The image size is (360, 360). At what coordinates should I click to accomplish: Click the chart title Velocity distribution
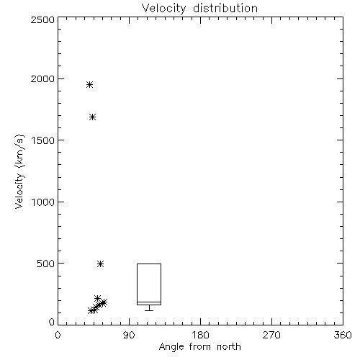pos(199,9)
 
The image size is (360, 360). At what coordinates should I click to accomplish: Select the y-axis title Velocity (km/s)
pos(19,171)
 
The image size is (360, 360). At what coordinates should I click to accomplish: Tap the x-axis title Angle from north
pos(199,347)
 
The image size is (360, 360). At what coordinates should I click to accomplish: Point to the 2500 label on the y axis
pos(42,19)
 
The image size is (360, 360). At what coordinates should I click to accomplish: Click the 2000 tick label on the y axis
pos(42,78)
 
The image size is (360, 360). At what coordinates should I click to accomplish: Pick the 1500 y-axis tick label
pos(43,140)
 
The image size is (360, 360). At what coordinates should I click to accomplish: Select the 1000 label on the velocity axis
pos(43,202)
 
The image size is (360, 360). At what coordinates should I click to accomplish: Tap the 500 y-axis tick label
pos(46,264)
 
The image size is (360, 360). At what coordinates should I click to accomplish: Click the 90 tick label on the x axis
pos(129,335)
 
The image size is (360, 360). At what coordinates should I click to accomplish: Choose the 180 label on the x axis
pos(200,335)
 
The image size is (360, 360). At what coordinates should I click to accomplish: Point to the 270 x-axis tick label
pos(271,335)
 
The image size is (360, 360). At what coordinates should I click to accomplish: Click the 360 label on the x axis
pos(343,335)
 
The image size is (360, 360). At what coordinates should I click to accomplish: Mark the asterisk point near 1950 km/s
pos(89,84)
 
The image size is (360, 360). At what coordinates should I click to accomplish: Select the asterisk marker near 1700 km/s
pos(93,117)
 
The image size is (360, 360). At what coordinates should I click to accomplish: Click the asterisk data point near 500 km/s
pos(101,264)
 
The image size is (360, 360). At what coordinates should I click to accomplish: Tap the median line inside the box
pos(149,302)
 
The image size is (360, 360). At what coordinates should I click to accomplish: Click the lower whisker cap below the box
pos(149,310)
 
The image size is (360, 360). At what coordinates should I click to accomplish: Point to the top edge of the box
pos(149,264)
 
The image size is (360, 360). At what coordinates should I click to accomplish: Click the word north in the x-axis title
pos(229,347)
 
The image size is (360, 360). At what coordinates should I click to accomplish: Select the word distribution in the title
pos(225,9)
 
